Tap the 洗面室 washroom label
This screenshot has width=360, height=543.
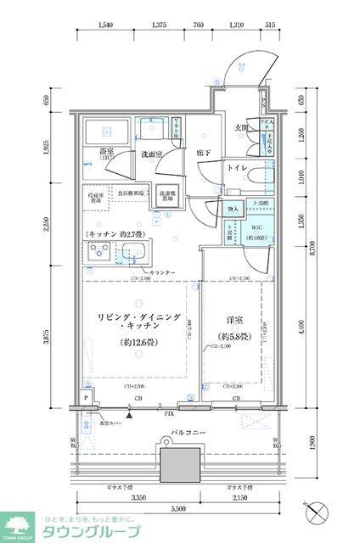tap(153, 154)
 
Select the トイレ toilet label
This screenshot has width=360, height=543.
tap(237, 169)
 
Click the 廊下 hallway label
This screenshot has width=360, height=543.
tap(203, 153)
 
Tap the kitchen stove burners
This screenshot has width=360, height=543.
tap(97, 252)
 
